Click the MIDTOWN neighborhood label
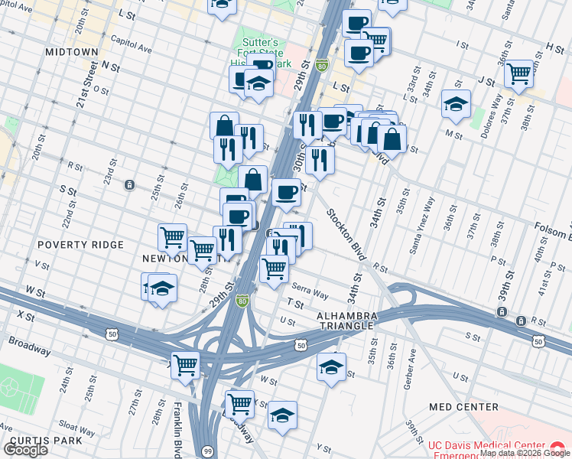[x=71, y=52]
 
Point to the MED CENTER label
[x=463, y=407]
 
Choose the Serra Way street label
[x=310, y=293]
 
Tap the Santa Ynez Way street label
[x=423, y=216]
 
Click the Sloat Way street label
[x=76, y=424]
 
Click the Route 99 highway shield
[x=210, y=453]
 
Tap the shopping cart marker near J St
[x=518, y=73]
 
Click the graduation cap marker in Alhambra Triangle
[x=330, y=366]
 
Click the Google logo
[x=25, y=450]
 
